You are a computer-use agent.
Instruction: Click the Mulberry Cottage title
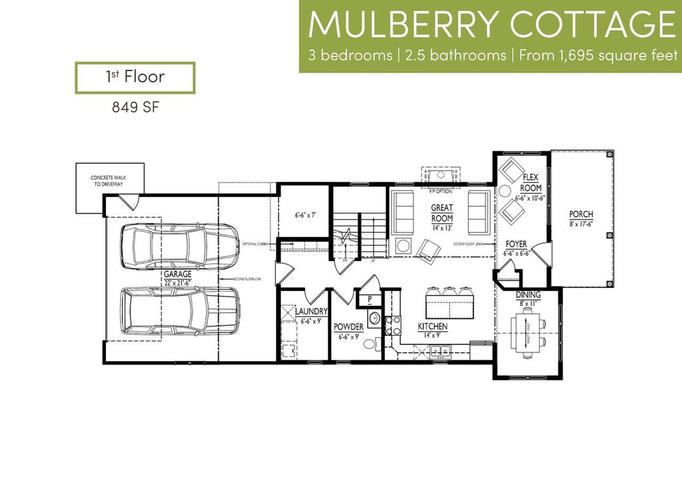(492, 24)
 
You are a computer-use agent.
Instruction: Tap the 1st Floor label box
(135, 77)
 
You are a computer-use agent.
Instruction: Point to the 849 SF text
(135, 107)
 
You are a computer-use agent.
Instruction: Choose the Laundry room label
(310, 311)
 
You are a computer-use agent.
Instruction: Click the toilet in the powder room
(377, 343)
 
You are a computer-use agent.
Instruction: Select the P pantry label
(369, 298)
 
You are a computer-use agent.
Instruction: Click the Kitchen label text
(432, 327)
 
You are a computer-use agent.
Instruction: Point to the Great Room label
(442, 213)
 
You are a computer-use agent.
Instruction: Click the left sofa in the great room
(404, 210)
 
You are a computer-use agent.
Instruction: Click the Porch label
(581, 214)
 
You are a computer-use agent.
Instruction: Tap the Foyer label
(516, 244)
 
